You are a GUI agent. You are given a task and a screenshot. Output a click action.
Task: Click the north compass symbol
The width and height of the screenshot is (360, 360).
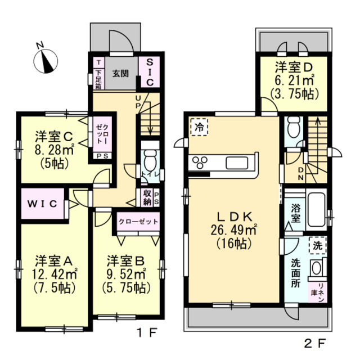(x=46, y=61)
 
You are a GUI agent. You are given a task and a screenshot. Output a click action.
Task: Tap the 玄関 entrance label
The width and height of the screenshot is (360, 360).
(x=120, y=74)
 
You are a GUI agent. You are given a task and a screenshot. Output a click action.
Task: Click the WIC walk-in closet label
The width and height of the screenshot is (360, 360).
(x=43, y=204)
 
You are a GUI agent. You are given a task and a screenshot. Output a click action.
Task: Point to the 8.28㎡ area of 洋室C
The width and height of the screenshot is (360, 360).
(x=54, y=150)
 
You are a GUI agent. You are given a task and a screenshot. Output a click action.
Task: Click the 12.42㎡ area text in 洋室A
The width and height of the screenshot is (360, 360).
(x=54, y=274)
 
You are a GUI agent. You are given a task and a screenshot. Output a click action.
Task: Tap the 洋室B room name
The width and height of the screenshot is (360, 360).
(x=125, y=261)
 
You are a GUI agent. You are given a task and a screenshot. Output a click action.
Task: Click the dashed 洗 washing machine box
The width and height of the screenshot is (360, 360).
(x=318, y=245)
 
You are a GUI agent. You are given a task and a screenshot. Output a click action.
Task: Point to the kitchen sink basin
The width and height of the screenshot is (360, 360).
(x=237, y=163)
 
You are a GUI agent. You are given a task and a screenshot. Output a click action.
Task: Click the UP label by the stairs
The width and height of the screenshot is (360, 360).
(x=138, y=102)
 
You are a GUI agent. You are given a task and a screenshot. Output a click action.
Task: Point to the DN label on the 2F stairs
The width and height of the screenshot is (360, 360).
(x=301, y=174)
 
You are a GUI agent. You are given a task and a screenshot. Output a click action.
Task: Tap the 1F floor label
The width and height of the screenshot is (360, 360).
(x=147, y=332)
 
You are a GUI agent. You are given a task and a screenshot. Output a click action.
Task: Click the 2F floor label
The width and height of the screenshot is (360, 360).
(x=315, y=343)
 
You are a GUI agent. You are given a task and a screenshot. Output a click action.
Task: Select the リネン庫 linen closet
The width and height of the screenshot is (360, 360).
(x=317, y=292)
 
